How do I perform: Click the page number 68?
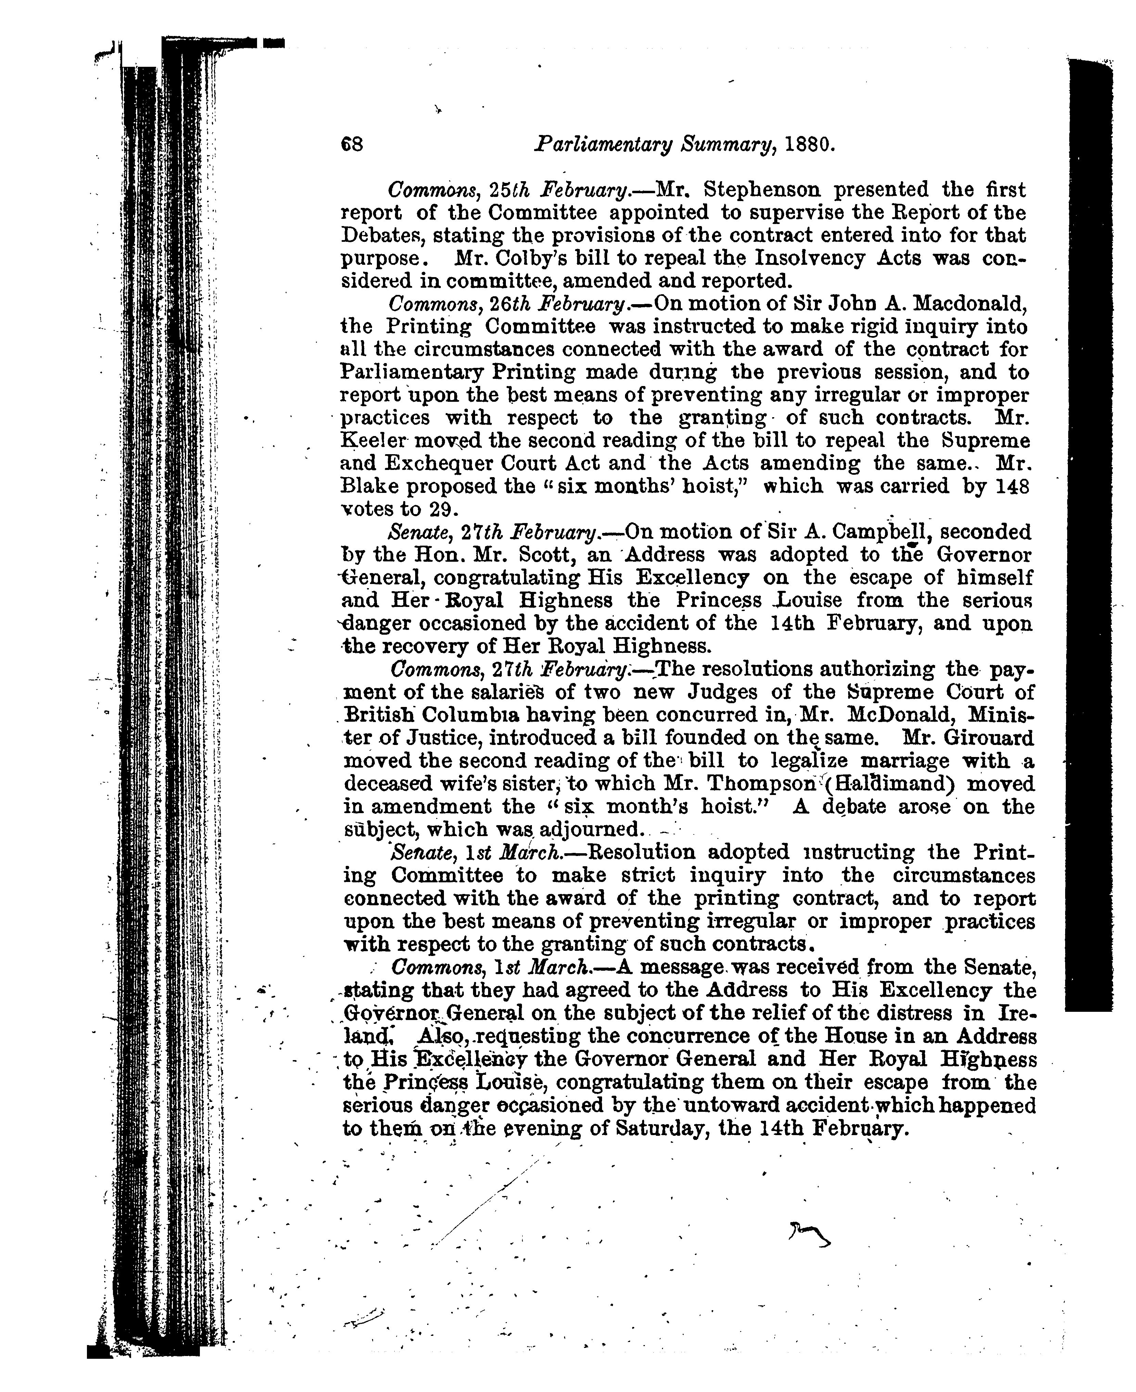click(352, 144)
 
